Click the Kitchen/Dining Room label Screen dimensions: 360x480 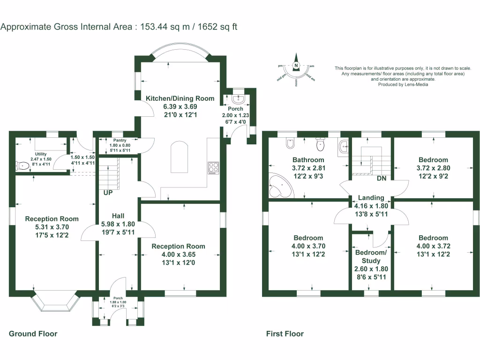point(180,98)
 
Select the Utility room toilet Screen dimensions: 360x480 point(21,165)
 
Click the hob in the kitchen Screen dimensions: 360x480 point(214,168)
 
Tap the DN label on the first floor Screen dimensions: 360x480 point(382,179)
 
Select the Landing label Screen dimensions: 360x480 point(371,198)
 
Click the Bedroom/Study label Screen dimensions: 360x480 point(371,256)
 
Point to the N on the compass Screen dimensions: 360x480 point(296,66)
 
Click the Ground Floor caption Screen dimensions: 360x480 point(33,334)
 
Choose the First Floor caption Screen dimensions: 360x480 point(285,334)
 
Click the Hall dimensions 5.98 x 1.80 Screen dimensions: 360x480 point(118,224)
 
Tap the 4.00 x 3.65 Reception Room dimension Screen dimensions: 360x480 point(178,255)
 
